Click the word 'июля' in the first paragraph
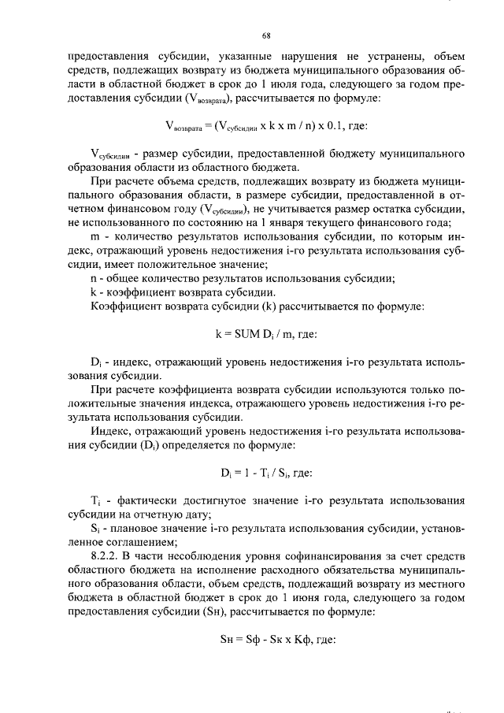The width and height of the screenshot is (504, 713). click(x=302, y=84)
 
